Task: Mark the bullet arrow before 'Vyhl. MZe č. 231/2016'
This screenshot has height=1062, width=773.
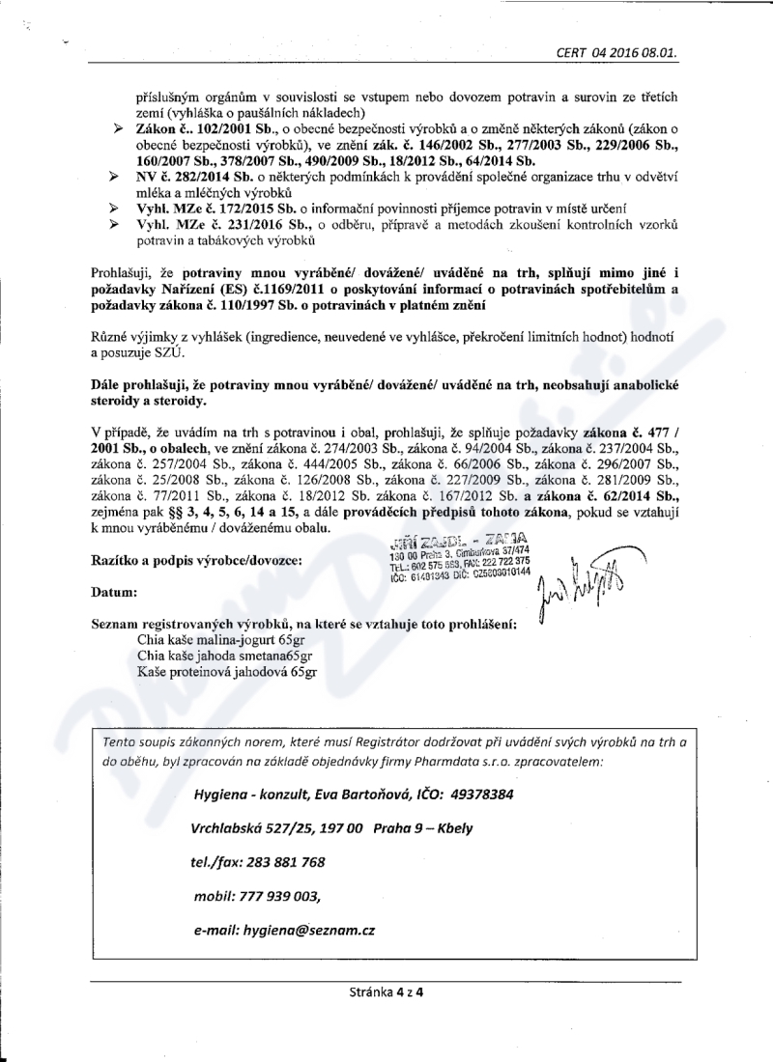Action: (118, 224)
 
